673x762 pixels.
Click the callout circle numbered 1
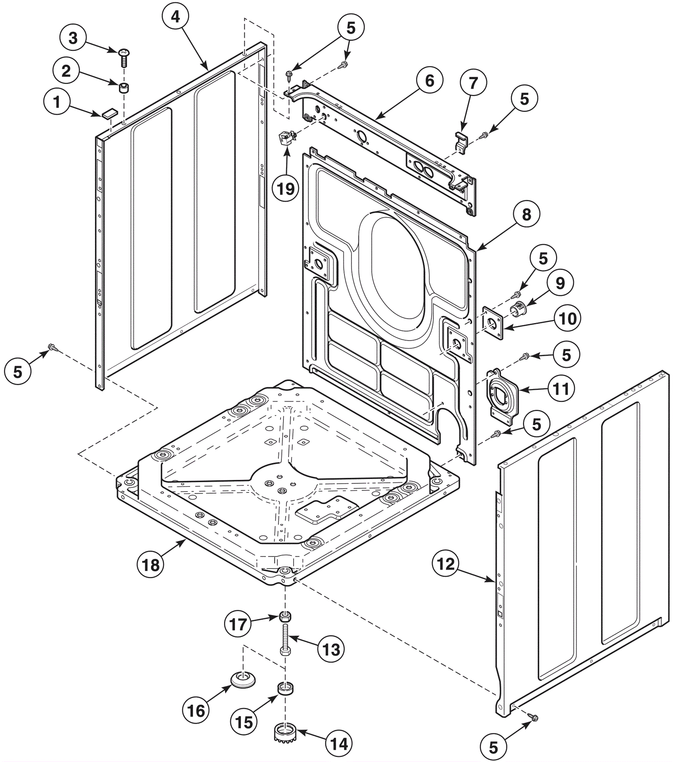click(57, 102)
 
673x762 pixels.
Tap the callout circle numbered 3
click(73, 38)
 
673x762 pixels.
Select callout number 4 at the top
click(175, 16)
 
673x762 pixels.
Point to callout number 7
click(473, 83)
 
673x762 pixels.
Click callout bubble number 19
click(286, 188)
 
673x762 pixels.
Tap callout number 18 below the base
click(151, 565)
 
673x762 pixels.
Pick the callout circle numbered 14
click(339, 743)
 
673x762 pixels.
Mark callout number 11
click(561, 389)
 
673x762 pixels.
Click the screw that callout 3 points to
click(124, 57)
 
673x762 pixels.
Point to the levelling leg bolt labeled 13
click(285, 639)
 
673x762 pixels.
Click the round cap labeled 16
click(242, 679)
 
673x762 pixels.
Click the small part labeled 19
click(286, 138)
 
